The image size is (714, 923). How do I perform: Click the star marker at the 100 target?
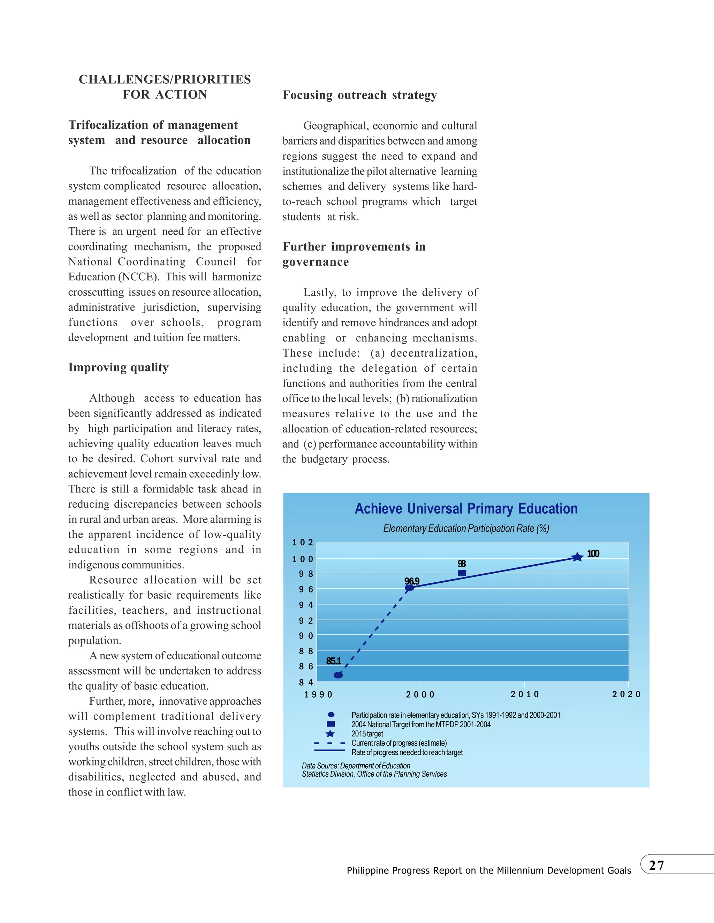coord(577,557)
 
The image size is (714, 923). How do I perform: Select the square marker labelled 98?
coord(462,573)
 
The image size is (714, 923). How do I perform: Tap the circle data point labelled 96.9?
coord(409,588)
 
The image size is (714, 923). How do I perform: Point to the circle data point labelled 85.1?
coord(339,675)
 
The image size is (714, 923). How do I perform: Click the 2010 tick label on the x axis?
coord(524,695)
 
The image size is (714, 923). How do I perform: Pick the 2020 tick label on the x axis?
coord(626,695)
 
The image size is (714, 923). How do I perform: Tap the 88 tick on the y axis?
coord(306,651)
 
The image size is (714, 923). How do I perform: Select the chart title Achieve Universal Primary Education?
coord(466,509)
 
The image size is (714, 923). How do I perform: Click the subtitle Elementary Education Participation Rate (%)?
coord(466,528)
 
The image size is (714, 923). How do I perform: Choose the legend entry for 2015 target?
coord(367,734)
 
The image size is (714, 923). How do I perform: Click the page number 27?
coord(656,865)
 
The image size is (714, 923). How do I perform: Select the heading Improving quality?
coord(119,367)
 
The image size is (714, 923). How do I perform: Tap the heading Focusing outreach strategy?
coord(359,95)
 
